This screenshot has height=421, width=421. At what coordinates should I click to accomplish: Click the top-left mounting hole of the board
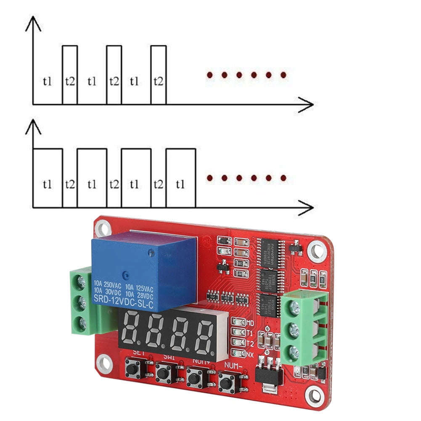pos(102,229)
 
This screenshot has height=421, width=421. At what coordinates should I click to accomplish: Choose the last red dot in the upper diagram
pos(283,75)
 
